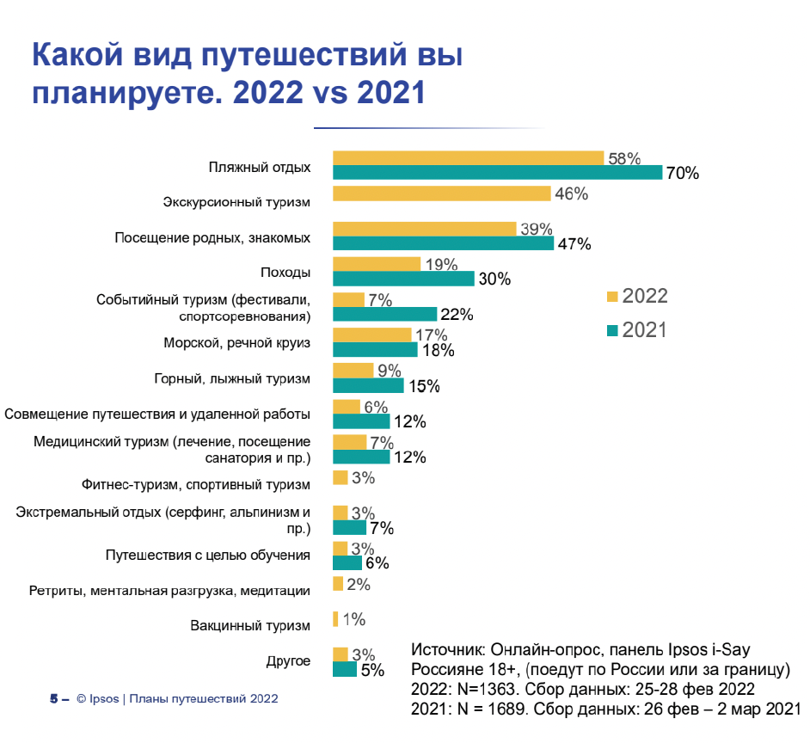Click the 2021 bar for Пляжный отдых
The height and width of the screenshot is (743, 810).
click(x=497, y=172)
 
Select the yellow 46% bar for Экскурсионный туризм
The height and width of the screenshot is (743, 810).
click(x=441, y=193)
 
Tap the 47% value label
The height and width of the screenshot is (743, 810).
click(x=574, y=243)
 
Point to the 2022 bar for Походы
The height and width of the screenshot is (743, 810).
click(x=377, y=264)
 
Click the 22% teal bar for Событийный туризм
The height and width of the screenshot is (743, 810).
click(x=384, y=314)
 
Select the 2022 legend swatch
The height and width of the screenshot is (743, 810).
click(x=612, y=298)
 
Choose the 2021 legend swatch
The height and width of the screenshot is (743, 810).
click(x=612, y=330)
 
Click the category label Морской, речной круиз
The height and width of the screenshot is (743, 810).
click(x=236, y=343)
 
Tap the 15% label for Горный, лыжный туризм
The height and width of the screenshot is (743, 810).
click(x=423, y=386)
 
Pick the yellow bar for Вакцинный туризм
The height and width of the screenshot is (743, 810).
click(x=334, y=619)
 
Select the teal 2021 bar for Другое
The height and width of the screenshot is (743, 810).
click(x=345, y=669)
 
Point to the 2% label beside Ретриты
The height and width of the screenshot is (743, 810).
click(x=359, y=585)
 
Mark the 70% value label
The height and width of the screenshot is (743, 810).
click(x=682, y=173)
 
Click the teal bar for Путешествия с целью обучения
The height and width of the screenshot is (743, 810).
click(x=347, y=562)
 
